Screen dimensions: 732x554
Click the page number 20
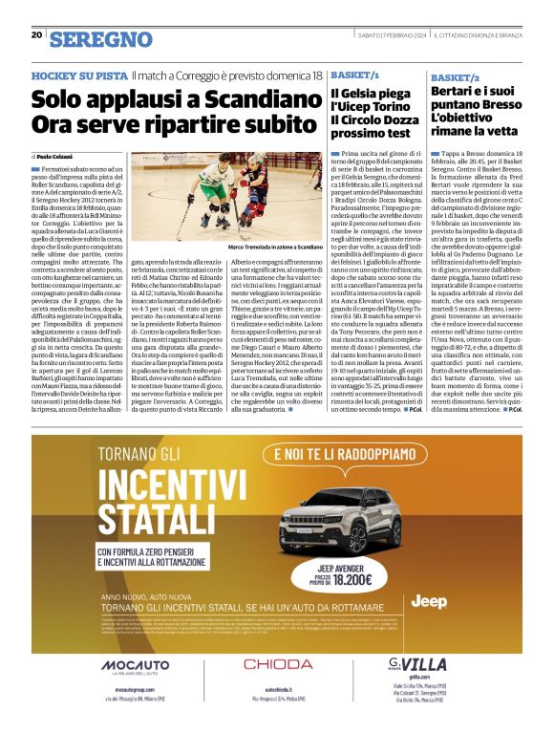(x=36, y=34)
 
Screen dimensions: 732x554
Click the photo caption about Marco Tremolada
(x=275, y=247)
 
